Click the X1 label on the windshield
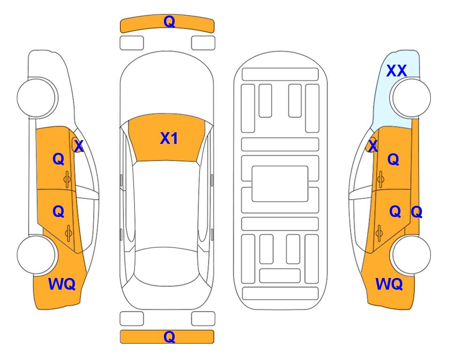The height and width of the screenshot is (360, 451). click(169, 138)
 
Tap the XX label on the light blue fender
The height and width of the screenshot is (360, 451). click(396, 71)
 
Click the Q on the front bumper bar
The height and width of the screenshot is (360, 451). click(169, 22)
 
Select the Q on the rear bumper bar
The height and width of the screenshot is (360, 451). click(169, 337)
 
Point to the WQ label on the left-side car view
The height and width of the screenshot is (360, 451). click(62, 284)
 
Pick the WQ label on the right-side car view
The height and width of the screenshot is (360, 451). click(389, 284)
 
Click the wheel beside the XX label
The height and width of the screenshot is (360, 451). click(411, 97)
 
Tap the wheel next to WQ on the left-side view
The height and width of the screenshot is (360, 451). click(37, 254)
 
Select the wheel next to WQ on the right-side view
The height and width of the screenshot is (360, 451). click(411, 254)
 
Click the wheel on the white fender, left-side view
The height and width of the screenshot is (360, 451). click(37, 97)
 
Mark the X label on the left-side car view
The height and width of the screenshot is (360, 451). click(78, 146)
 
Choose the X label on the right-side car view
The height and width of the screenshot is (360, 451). click(372, 146)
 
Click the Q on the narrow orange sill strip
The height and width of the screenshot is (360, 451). click(416, 212)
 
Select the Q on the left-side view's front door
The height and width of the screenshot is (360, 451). click(58, 159)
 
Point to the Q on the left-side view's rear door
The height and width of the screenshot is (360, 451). click(58, 211)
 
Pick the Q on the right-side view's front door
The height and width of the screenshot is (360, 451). click(393, 159)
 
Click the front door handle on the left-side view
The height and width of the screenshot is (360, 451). click(67, 178)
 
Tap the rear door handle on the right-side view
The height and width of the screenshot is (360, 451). click(380, 231)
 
